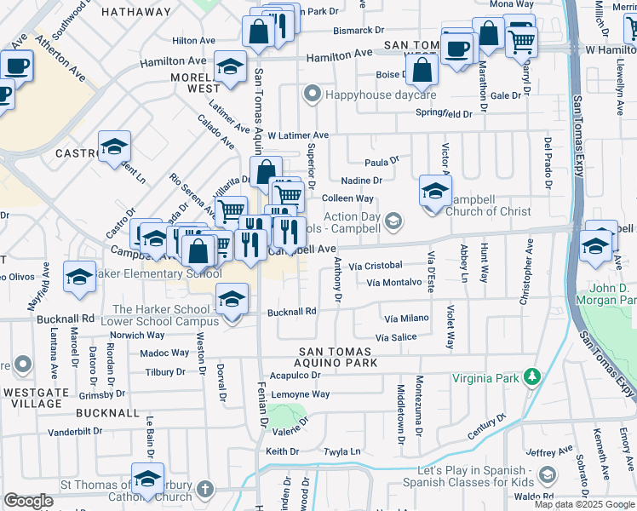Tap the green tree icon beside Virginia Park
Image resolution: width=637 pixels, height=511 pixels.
(532, 376)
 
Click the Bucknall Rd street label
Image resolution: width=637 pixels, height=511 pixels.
(291, 312)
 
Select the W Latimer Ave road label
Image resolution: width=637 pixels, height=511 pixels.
(297, 135)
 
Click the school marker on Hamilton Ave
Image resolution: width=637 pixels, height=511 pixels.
(230, 68)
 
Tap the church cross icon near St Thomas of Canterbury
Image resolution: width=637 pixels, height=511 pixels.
(204, 490)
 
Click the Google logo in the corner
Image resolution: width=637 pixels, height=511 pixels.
(28, 501)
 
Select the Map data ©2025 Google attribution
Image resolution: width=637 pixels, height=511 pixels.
(584, 504)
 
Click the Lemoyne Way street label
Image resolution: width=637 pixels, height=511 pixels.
(301, 394)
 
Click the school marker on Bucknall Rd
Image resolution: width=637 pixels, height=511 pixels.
(232, 299)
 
